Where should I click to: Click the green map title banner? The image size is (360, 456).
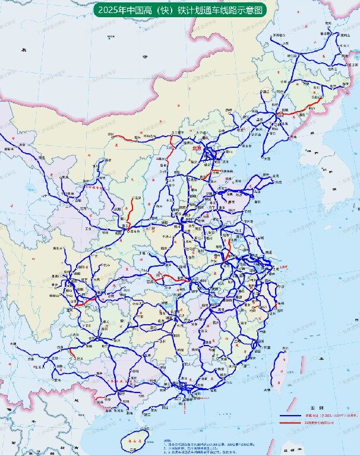179,10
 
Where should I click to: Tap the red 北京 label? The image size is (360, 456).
197,148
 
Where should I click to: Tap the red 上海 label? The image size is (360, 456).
283,267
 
